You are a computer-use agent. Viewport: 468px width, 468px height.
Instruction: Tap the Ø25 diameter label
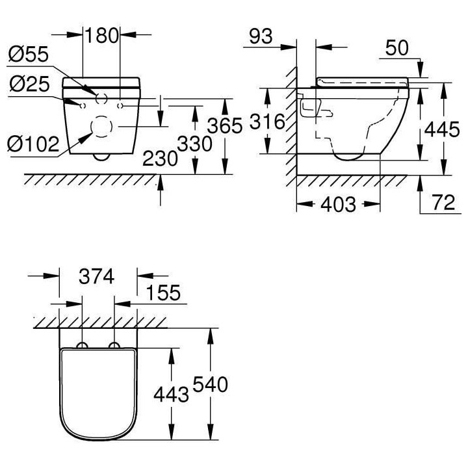28,84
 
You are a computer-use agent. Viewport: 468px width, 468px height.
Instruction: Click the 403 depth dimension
338,205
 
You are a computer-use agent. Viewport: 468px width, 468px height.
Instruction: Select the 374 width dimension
97,276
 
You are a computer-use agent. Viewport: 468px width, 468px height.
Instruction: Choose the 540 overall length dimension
210,385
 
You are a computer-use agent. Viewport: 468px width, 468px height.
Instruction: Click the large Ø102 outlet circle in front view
101,126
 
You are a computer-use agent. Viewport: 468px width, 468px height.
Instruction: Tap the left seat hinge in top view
83,345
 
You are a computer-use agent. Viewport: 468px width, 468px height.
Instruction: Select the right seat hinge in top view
114,345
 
